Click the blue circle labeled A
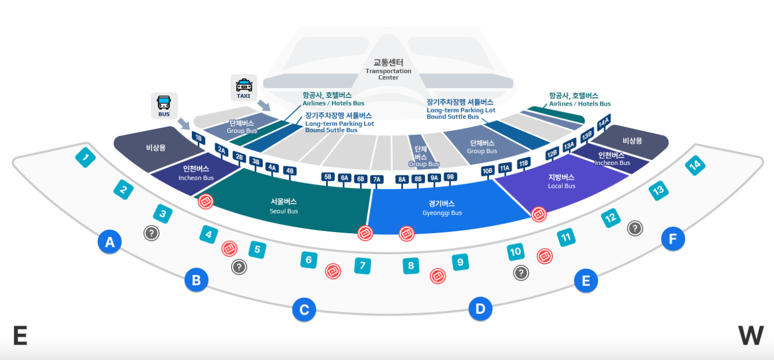[109, 242]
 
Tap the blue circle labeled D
[480, 309]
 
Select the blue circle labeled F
[672, 239]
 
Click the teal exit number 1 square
[86, 157]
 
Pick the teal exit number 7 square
[362, 265]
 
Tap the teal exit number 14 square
[695, 165]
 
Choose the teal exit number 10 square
[515, 252]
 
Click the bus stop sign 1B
[198, 139]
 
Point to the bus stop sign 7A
[377, 179]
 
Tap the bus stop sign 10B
[487, 170]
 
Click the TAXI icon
[244, 87]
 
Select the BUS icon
[164, 105]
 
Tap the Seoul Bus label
[284, 206]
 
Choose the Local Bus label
[561, 181]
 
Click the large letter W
[751, 336]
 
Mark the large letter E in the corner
[20, 336]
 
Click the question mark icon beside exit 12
[634, 228]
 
